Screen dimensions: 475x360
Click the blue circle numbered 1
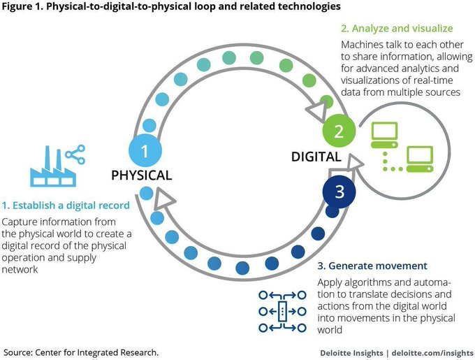pos(145,151)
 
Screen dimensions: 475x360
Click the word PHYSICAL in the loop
pos(142,175)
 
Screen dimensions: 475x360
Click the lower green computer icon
pos(420,159)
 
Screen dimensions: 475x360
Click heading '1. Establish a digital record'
pos(65,206)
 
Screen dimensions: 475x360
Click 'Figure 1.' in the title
pos(25,7)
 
